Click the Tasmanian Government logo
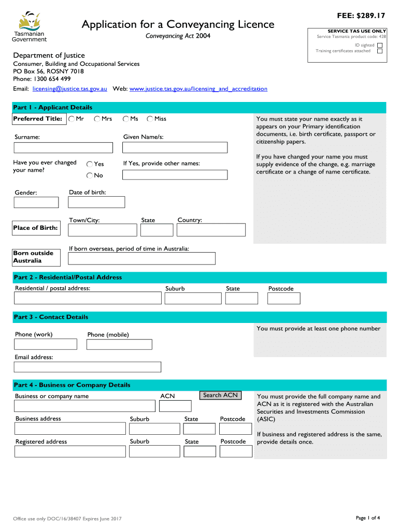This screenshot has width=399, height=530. [29, 26]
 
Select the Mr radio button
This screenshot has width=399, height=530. [72, 119]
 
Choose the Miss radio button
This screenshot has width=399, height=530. [150, 119]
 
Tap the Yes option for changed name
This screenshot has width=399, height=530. [90, 164]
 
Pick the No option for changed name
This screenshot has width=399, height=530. [90, 175]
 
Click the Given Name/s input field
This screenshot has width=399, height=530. [175, 148]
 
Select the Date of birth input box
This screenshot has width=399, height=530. [96, 202]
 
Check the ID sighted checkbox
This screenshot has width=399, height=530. [380, 45]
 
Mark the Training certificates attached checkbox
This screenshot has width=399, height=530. [380, 51]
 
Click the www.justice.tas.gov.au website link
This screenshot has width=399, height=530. [198, 89]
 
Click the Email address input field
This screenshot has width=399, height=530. [88, 367]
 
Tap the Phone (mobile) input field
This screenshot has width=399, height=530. [119, 344]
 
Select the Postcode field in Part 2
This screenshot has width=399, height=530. [283, 298]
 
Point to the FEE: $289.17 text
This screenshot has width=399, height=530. [361, 16]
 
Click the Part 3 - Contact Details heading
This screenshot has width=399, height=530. [51, 317]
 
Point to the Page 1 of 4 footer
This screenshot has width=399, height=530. [368, 518]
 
